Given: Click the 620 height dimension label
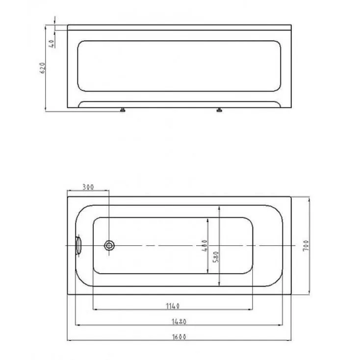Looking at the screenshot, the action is [x=43, y=68].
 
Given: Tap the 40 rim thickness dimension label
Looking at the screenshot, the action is [x=52, y=43].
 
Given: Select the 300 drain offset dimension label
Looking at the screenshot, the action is [x=88, y=187].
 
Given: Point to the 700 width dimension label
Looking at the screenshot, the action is [x=306, y=245].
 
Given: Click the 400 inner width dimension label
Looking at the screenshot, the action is [x=205, y=245].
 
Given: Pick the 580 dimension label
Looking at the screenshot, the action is [x=216, y=257].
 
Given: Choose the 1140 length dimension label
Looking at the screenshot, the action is [x=173, y=306].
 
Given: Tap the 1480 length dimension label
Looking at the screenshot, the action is [x=179, y=321].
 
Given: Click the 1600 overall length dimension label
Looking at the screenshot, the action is [x=179, y=337].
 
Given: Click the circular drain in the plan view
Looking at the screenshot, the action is [x=109, y=245].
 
